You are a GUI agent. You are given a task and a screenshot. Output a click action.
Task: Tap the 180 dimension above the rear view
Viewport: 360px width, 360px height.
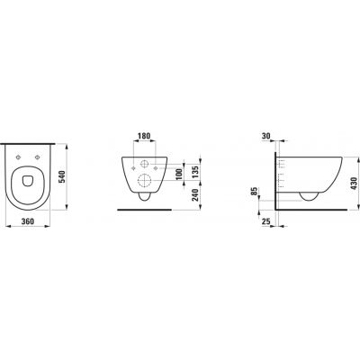(x=145, y=139)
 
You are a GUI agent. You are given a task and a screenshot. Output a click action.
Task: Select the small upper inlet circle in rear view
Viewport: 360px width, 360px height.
(x=145, y=166)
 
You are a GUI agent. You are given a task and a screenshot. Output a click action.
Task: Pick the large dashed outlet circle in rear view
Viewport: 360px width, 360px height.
(x=145, y=178)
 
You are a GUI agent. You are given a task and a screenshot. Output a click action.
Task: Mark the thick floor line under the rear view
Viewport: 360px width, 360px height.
(x=145, y=208)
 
